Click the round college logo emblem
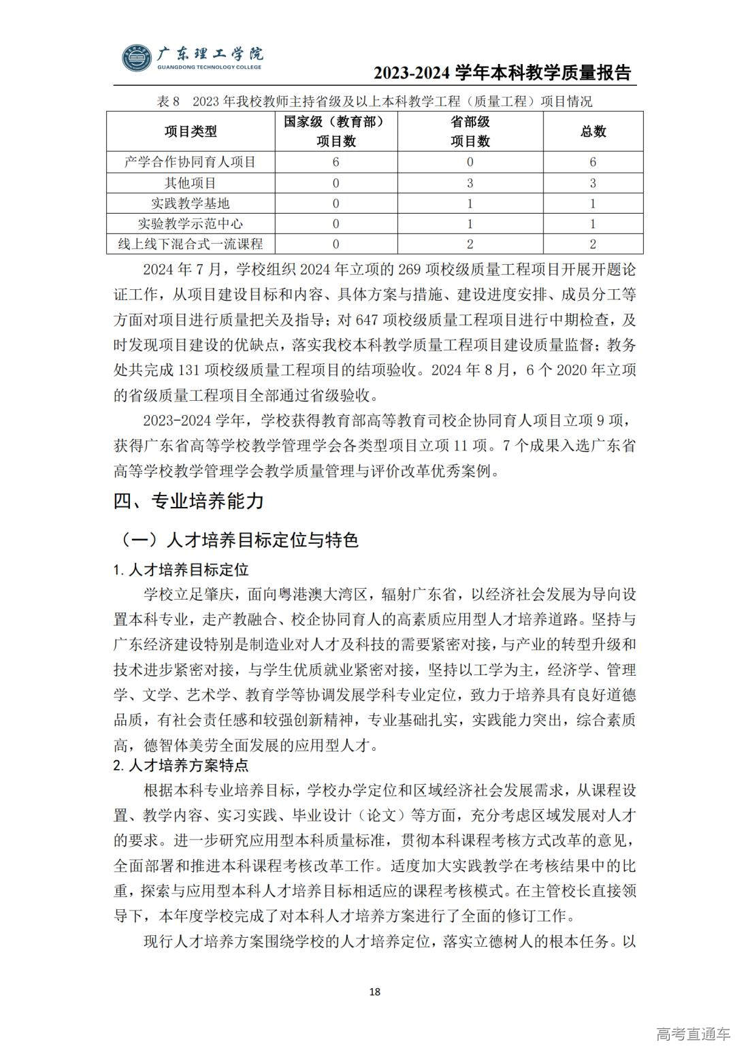coord(137,59)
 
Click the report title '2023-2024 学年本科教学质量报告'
coord(502,74)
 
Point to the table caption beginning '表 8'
coord(374,102)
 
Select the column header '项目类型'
coord(191,131)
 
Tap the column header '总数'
coord(593,131)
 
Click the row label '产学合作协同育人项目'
coord(191,162)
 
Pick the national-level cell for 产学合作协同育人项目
coord(336,162)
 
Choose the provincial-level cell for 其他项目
coord(470,183)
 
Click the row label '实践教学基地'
coord(191,203)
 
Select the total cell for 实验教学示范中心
coord(593,224)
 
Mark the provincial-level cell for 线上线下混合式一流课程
coord(470,244)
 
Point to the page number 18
coord(374,991)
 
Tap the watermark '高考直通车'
coord(693,1034)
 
